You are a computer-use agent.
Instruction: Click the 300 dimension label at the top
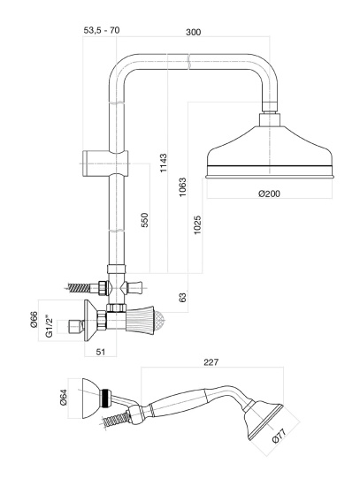pyautogui.click(x=193, y=32)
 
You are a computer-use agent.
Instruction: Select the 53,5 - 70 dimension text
pyautogui.click(x=102, y=30)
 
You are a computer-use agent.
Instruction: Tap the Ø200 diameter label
pyautogui.click(x=269, y=194)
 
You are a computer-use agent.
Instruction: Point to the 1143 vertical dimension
pyautogui.click(x=164, y=163)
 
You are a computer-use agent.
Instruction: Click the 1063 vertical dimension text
pyautogui.click(x=182, y=187)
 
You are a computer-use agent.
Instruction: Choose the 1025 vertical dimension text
pyautogui.click(x=197, y=225)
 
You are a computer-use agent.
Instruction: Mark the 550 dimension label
pyautogui.click(x=145, y=220)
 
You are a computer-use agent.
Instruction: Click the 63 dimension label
pyautogui.click(x=183, y=297)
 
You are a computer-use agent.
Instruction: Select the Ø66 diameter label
pyautogui.click(x=34, y=320)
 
